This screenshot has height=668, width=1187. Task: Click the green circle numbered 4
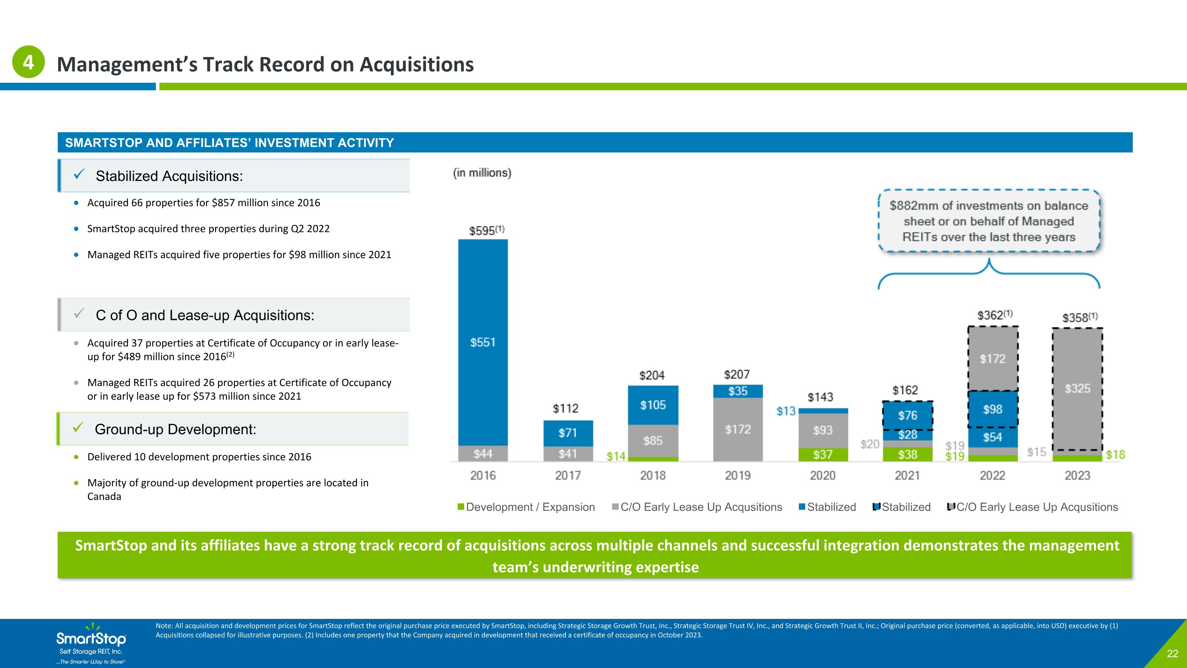click(28, 62)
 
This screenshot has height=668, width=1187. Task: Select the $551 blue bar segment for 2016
click(483, 343)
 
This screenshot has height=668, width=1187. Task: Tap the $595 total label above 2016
click(487, 230)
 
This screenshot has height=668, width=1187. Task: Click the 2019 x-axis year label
click(738, 475)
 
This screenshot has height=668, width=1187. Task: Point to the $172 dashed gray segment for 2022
click(993, 359)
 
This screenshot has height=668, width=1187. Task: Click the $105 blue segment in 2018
click(653, 405)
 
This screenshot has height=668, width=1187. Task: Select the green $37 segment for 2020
click(823, 455)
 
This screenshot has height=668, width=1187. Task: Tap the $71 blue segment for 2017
click(568, 433)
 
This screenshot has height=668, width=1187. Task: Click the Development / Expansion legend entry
click(526, 507)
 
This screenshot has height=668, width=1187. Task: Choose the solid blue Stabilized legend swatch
click(802, 507)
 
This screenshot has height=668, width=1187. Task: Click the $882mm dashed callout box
click(989, 221)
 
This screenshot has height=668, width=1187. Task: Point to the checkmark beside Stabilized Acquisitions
click(79, 174)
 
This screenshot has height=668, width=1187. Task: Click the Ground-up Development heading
click(175, 429)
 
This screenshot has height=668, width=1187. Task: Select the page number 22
click(1172, 654)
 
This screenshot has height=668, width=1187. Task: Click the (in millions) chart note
click(482, 173)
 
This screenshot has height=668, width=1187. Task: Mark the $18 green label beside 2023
click(1115, 455)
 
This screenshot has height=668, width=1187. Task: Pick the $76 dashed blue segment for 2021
click(908, 415)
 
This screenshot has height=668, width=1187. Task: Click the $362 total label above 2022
click(995, 315)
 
